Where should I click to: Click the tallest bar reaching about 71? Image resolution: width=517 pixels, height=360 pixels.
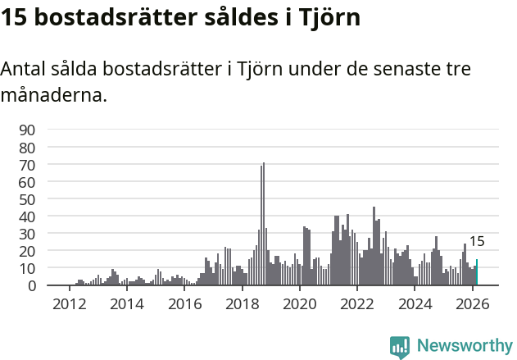264,225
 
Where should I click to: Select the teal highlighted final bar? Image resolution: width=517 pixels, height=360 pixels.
476,273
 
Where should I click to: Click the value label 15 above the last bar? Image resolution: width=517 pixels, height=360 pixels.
476,242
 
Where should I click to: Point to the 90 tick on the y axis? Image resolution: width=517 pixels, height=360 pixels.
27,130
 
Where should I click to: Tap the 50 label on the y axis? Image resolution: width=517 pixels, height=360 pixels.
27,199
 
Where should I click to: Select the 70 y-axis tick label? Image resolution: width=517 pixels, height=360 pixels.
27,165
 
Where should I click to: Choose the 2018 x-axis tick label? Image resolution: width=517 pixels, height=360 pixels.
242,304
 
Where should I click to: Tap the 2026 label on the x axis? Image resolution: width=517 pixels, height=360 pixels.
472,304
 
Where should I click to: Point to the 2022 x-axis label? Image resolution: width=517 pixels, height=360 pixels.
356,304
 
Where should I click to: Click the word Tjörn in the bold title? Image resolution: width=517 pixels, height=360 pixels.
330,18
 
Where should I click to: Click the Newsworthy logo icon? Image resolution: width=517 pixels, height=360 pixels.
400,347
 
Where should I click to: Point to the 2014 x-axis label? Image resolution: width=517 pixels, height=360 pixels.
126,304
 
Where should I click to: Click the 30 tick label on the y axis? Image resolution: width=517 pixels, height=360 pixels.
27,234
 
